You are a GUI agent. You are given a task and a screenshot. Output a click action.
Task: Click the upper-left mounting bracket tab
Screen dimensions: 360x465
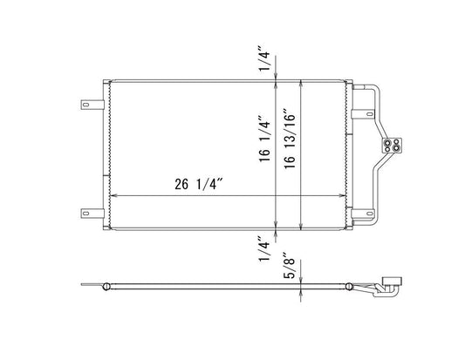pos(90,104)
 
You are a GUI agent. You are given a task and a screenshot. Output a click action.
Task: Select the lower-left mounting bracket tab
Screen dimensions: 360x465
pos(90,210)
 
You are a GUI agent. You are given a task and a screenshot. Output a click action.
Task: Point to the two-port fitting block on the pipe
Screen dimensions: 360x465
pos(395,146)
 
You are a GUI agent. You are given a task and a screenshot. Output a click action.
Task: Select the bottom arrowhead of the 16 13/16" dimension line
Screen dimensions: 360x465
pos(301,226)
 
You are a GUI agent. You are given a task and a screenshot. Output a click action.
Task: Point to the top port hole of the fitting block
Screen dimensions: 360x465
pos(395,141)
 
